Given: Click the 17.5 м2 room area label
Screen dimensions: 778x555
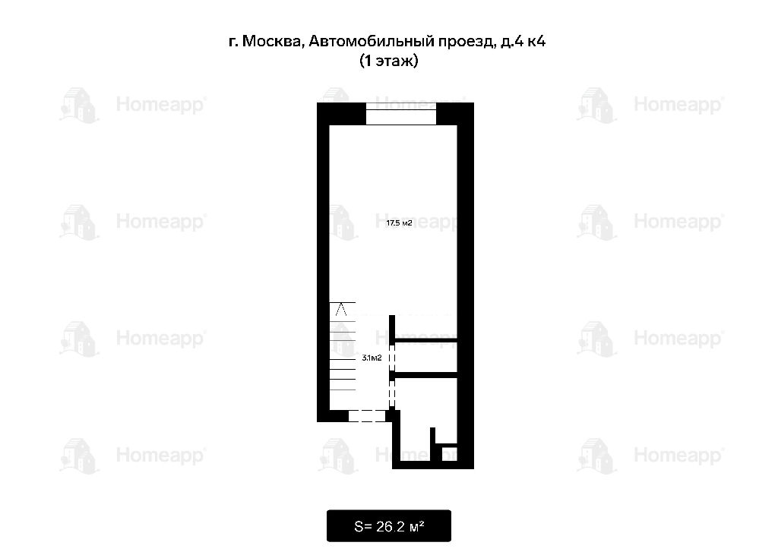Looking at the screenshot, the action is [x=399, y=223].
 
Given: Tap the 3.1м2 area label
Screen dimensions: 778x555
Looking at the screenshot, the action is [x=372, y=358].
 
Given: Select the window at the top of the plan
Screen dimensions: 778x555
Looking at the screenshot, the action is [x=401, y=114].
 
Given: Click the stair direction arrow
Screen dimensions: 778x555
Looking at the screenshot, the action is [x=341, y=310].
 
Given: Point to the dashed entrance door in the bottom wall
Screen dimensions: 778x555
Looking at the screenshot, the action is [x=367, y=415].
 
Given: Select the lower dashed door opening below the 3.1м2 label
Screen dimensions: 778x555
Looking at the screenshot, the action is [x=391, y=393].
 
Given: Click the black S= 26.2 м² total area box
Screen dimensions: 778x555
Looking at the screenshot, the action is [x=388, y=525].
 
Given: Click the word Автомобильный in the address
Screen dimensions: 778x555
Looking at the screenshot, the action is [x=371, y=41].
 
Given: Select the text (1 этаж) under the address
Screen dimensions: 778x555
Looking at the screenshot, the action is [x=388, y=61].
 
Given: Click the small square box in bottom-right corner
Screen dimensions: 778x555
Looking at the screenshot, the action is [x=449, y=454].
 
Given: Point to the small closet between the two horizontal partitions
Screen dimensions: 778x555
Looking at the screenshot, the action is [x=425, y=357].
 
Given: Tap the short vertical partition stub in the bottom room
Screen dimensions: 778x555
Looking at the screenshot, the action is [x=432, y=444].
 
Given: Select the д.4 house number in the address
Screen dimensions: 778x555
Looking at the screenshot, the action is [x=511, y=41].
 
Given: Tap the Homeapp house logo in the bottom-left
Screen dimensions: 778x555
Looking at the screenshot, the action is [x=79, y=456].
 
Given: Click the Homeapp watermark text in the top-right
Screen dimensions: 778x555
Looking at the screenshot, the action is [x=678, y=105].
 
